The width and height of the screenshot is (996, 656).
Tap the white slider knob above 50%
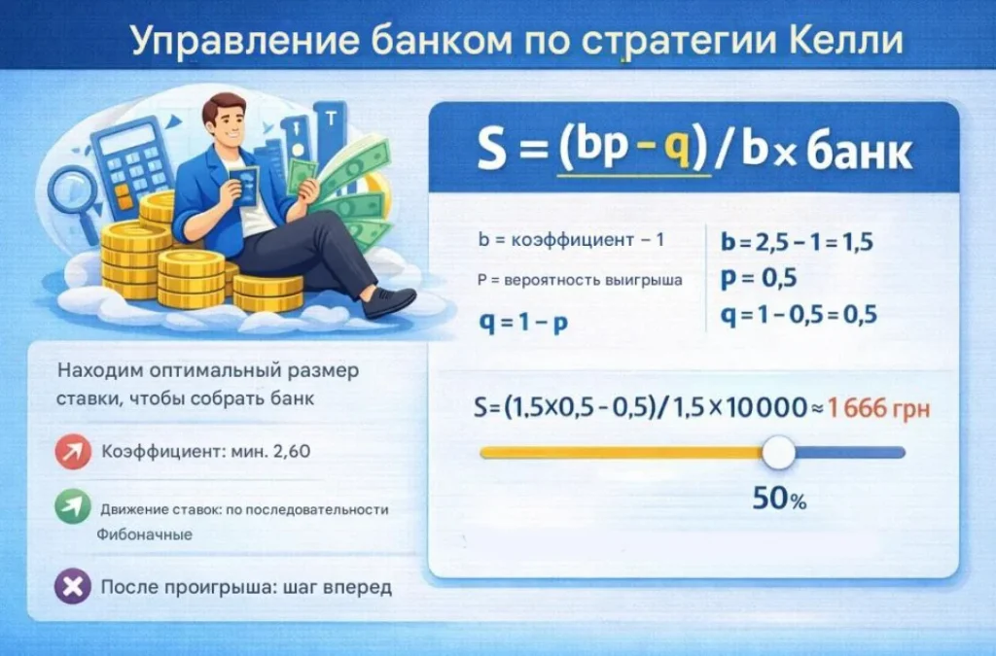click(778, 452)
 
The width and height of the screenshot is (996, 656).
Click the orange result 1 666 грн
click(879, 408)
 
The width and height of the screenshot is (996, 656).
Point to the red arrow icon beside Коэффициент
click(73, 452)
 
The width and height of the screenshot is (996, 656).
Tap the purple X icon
click(73, 588)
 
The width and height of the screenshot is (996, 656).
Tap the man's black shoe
click(392, 300)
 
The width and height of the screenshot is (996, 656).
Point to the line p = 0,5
click(759, 279)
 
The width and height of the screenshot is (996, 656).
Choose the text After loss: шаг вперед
click(246, 588)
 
